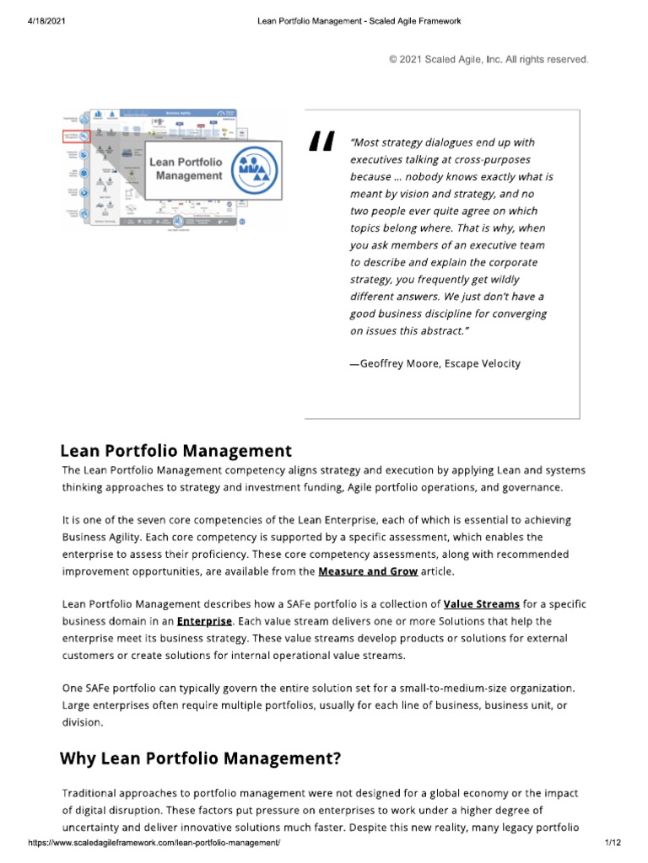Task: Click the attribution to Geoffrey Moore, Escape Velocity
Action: [435, 363]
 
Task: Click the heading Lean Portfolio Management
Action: [176, 451]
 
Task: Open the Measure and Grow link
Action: [368, 571]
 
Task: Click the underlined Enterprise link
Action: [204, 621]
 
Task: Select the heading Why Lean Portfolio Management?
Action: [200, 758]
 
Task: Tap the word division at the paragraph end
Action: [82, 722]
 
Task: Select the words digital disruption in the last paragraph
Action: [122, 811]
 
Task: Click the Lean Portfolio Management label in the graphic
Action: [186, 168]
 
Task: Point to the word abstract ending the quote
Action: [441, 331]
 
